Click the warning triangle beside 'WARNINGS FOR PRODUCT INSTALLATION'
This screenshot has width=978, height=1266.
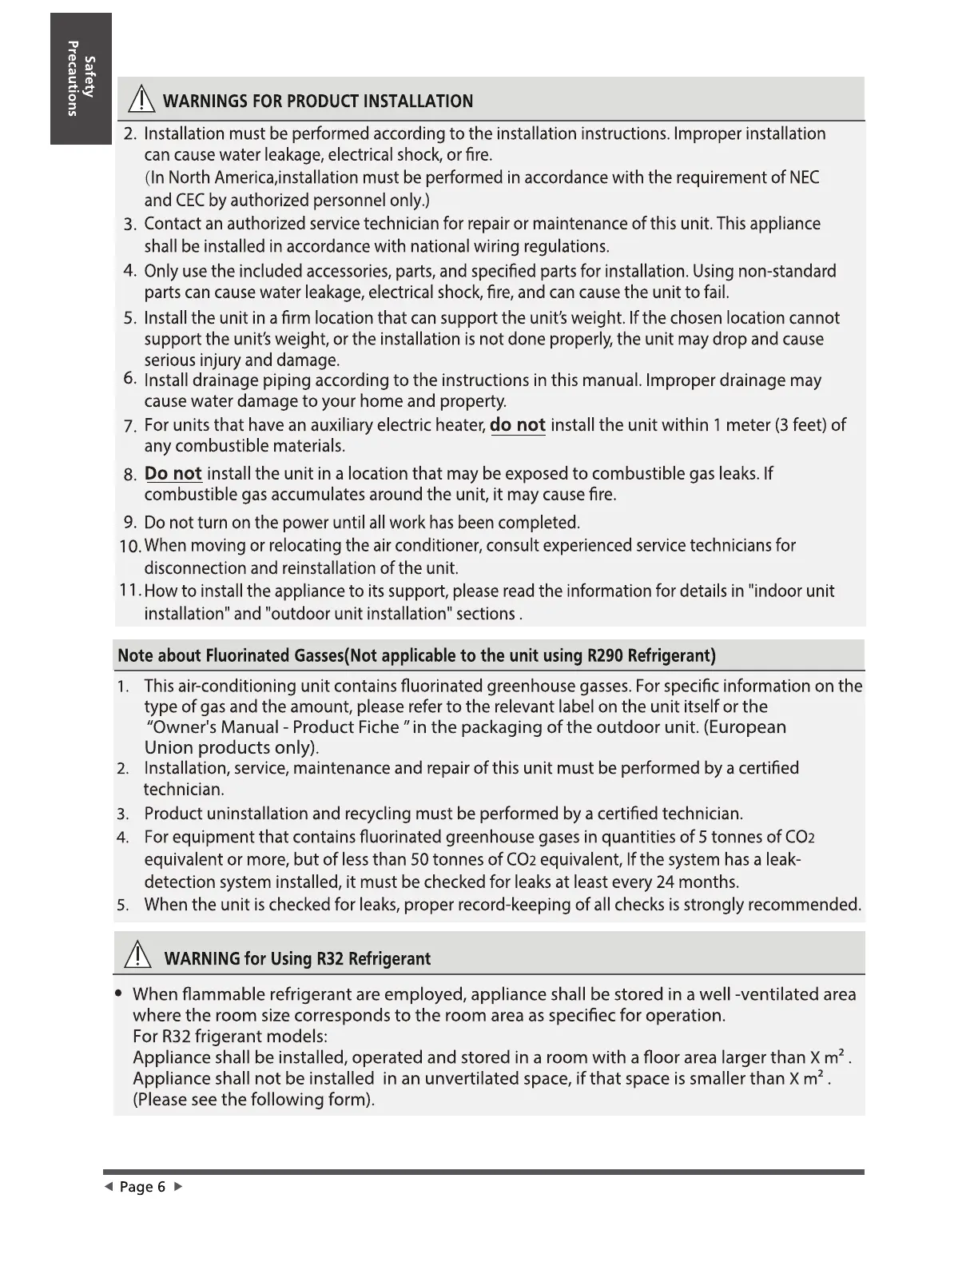141,100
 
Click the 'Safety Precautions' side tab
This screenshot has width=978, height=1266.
81,78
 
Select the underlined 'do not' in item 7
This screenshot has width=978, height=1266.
517,425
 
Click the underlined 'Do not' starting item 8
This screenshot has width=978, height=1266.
173,474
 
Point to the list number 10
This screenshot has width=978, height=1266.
129,547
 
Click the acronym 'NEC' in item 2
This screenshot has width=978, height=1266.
803,177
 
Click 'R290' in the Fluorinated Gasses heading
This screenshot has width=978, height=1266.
605,656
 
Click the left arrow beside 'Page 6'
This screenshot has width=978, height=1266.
107,1186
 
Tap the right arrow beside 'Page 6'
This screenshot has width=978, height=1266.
179,1186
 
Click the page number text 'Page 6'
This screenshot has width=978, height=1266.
142,1187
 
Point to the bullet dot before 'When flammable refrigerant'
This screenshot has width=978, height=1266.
118,994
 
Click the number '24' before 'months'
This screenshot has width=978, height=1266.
666,882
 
